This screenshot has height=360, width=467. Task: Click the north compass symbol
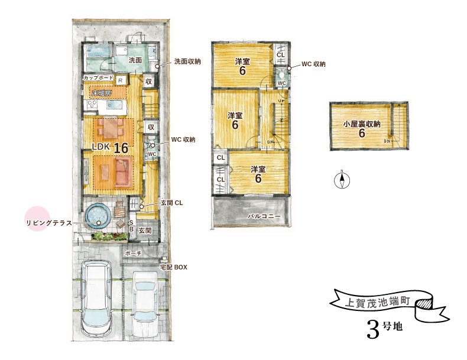tap(342, 180)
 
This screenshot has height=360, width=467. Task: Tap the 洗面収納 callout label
tap(187, 61)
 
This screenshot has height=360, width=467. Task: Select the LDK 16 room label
tap(110, 147)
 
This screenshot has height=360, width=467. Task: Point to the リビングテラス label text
tap(49, 223)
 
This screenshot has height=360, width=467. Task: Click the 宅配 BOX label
tap(173, 267)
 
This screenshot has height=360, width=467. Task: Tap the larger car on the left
tap(96, 298)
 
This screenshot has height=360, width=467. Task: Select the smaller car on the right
tap(145, 303)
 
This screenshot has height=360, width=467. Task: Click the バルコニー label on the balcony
tap(264, 216)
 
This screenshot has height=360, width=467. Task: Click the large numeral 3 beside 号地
tap(373, 330)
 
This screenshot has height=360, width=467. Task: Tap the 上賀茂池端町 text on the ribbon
tap(378, 302)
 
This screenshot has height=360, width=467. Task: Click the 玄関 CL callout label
tap(172, 203)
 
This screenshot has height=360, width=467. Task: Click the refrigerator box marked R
tap(121, 80)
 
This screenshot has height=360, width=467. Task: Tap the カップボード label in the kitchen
tap(98, 77)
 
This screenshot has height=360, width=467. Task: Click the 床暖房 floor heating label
tap(101, 93)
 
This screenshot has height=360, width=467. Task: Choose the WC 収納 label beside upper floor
tap(313, 64)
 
